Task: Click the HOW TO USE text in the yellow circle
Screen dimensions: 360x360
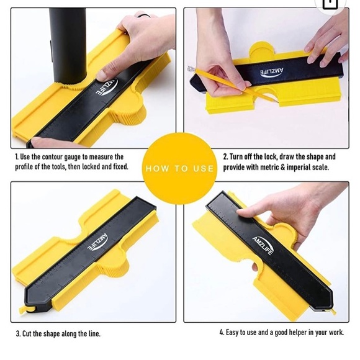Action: click(179, 169)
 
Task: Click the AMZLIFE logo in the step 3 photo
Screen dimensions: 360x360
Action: click(97, 241)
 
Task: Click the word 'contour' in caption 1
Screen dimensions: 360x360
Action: click(52, 157)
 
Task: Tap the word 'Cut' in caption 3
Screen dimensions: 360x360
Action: click(27, 333)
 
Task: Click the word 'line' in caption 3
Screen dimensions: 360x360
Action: click(94, 333)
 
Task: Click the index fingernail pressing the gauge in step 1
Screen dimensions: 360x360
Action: click(102, 74)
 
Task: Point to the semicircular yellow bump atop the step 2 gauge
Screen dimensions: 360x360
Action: click(261, 49)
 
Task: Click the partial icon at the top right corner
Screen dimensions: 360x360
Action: click(330, 5)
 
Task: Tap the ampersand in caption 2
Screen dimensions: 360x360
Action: click(282, 167)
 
